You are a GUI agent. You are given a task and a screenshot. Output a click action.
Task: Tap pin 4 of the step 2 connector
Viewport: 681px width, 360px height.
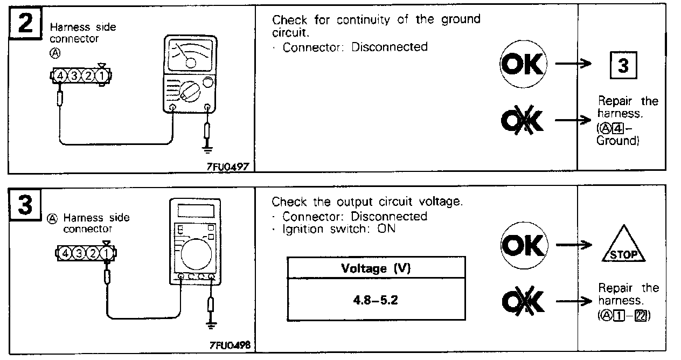pos(60,77)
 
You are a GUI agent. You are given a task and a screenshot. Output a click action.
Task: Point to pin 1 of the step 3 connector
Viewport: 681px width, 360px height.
pos(107,252)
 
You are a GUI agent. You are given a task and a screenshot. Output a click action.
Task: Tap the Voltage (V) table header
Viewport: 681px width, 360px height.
pos(376,268)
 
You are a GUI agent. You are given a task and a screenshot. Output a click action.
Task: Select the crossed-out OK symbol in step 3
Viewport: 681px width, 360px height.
pos(522,300)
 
